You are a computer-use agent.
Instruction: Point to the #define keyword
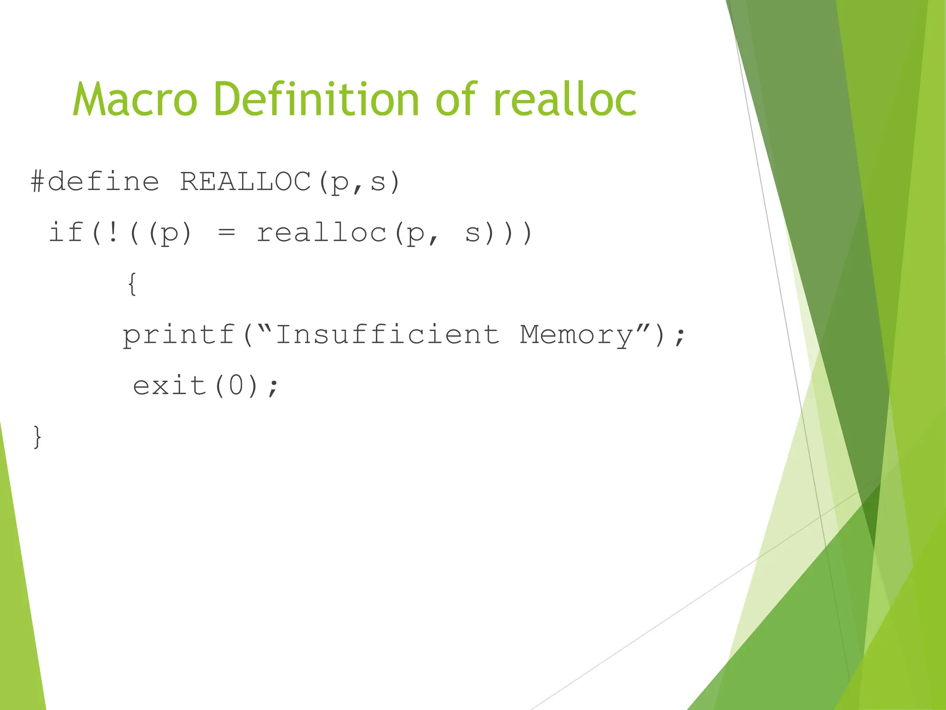pyautogui.click(x=95, y=181)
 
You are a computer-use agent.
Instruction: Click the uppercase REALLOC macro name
pyautogui.click(x=245, y=181)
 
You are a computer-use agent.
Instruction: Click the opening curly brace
pyautogui.click(x=132, y=283)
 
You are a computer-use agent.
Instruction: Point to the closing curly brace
pyautogui.click(x=37, y=437)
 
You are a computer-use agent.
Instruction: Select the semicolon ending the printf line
pyautogui.click(x=679, y=337)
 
